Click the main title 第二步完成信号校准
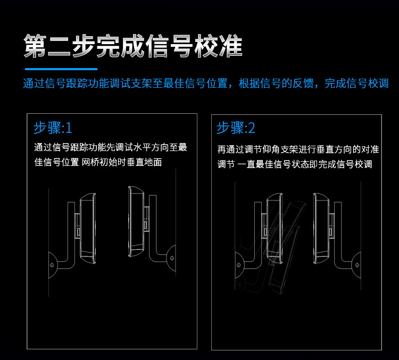[133, 47]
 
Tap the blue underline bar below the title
[61, 69]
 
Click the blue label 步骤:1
[53, 128]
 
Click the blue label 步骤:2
[236, 128]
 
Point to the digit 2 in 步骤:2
[252, 128]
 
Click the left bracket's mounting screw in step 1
[51, 264]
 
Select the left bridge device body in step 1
[87, 229]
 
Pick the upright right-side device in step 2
[322, 229]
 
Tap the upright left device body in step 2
[274, 226]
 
